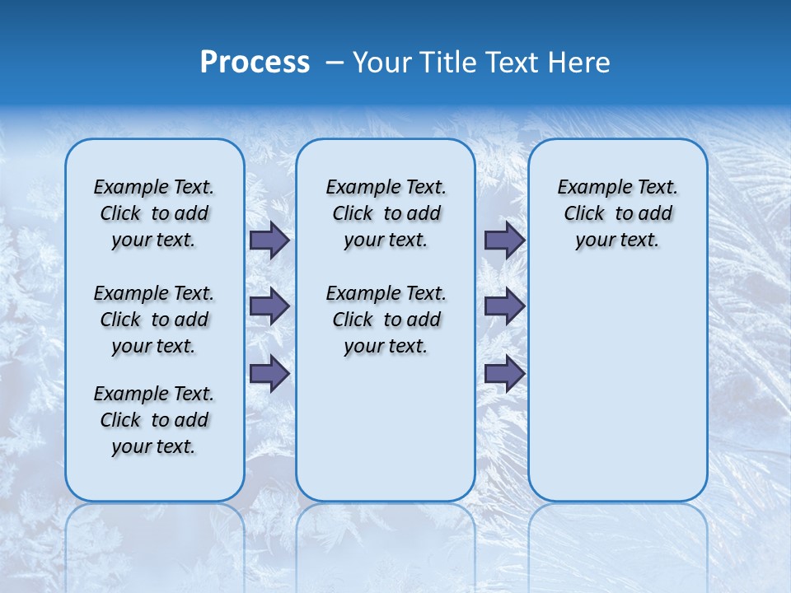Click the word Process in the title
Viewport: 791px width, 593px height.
point(255,63)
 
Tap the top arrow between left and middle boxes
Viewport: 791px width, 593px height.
point(269,240)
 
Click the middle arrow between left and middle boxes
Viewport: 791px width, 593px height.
point(269,306)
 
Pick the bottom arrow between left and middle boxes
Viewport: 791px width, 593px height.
point(269,373)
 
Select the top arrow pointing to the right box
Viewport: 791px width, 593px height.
point(504,240)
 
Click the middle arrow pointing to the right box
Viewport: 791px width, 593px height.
point(504,306)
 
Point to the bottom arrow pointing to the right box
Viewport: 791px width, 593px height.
point(504,373)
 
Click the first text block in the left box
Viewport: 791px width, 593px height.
point(154,213)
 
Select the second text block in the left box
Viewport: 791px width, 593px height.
point(154,320)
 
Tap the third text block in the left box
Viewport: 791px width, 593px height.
point(154,420)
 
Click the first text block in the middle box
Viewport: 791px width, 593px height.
point(386,213)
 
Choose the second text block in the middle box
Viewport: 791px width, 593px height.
point(386,320)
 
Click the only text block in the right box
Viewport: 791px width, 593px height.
point(618,213)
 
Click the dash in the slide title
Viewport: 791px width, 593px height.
point(335,63)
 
